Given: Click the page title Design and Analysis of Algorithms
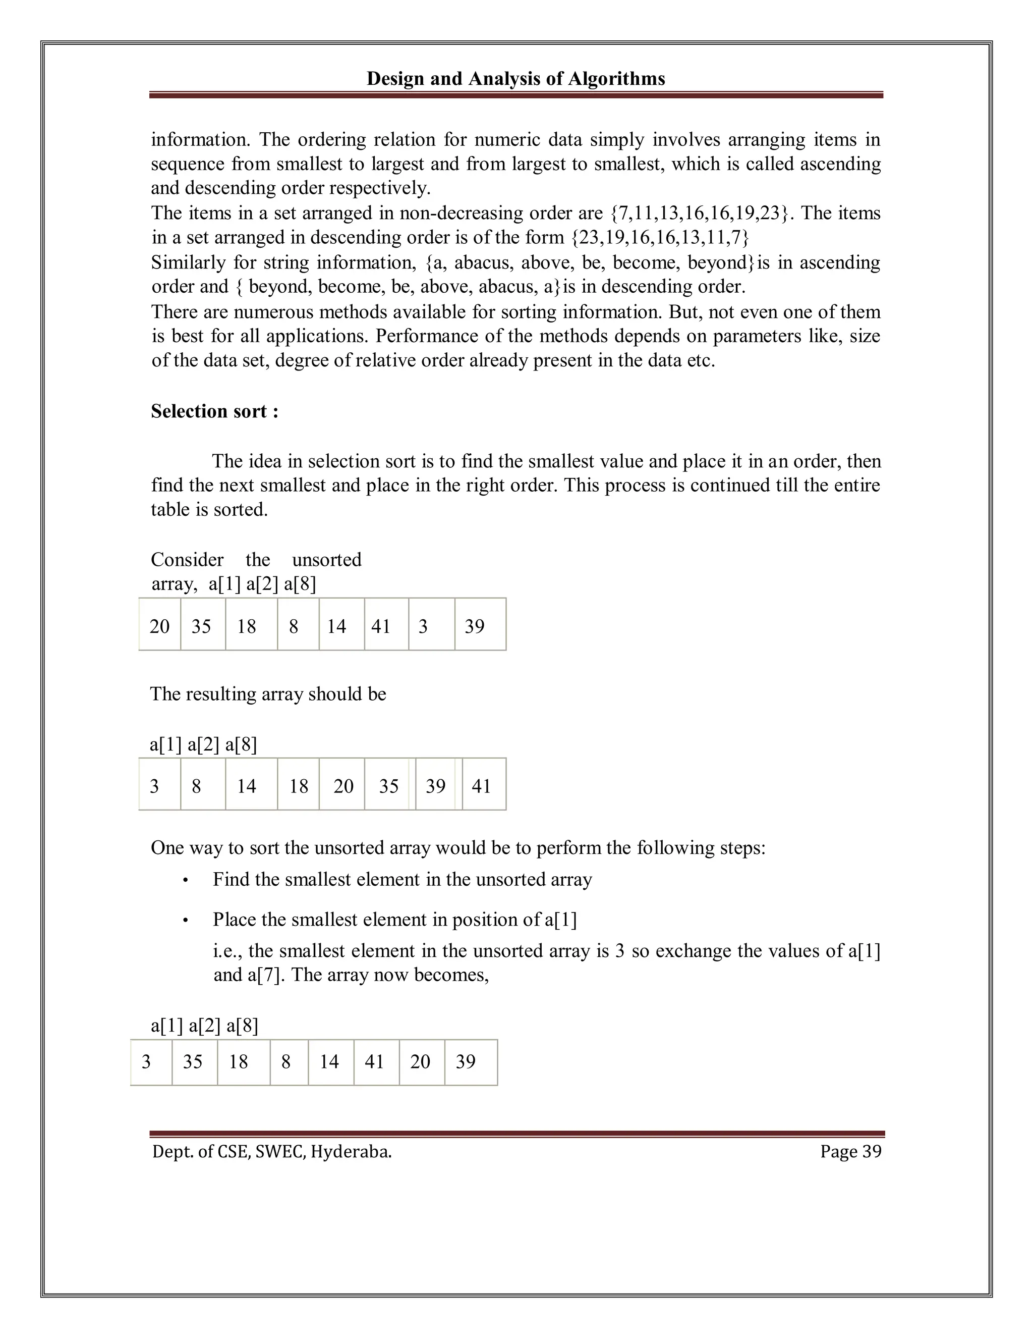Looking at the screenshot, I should tap(515, 78).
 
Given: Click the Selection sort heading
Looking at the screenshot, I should tap(214, 411).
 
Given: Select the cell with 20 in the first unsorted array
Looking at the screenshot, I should tap(160, 626).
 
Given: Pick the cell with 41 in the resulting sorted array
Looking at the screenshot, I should tap(483, 786).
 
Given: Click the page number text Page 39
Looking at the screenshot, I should tap(850, 1151).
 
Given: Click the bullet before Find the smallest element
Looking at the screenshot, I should tap(185, 881).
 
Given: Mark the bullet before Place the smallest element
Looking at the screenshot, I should tap(185, 921).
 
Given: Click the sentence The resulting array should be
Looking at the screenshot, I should tap(268, 693).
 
